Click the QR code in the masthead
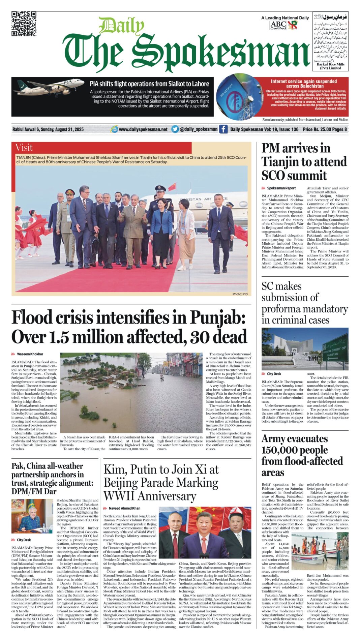24,24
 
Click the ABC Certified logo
278,25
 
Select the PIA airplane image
49,87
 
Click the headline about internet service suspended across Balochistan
304,84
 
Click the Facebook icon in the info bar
223,129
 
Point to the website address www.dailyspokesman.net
143,129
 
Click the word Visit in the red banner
24,148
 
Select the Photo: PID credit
240,294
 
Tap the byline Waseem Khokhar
30,354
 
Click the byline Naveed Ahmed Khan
124,508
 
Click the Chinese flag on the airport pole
172,186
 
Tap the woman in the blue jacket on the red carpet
161,229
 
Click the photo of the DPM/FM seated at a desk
32,516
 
